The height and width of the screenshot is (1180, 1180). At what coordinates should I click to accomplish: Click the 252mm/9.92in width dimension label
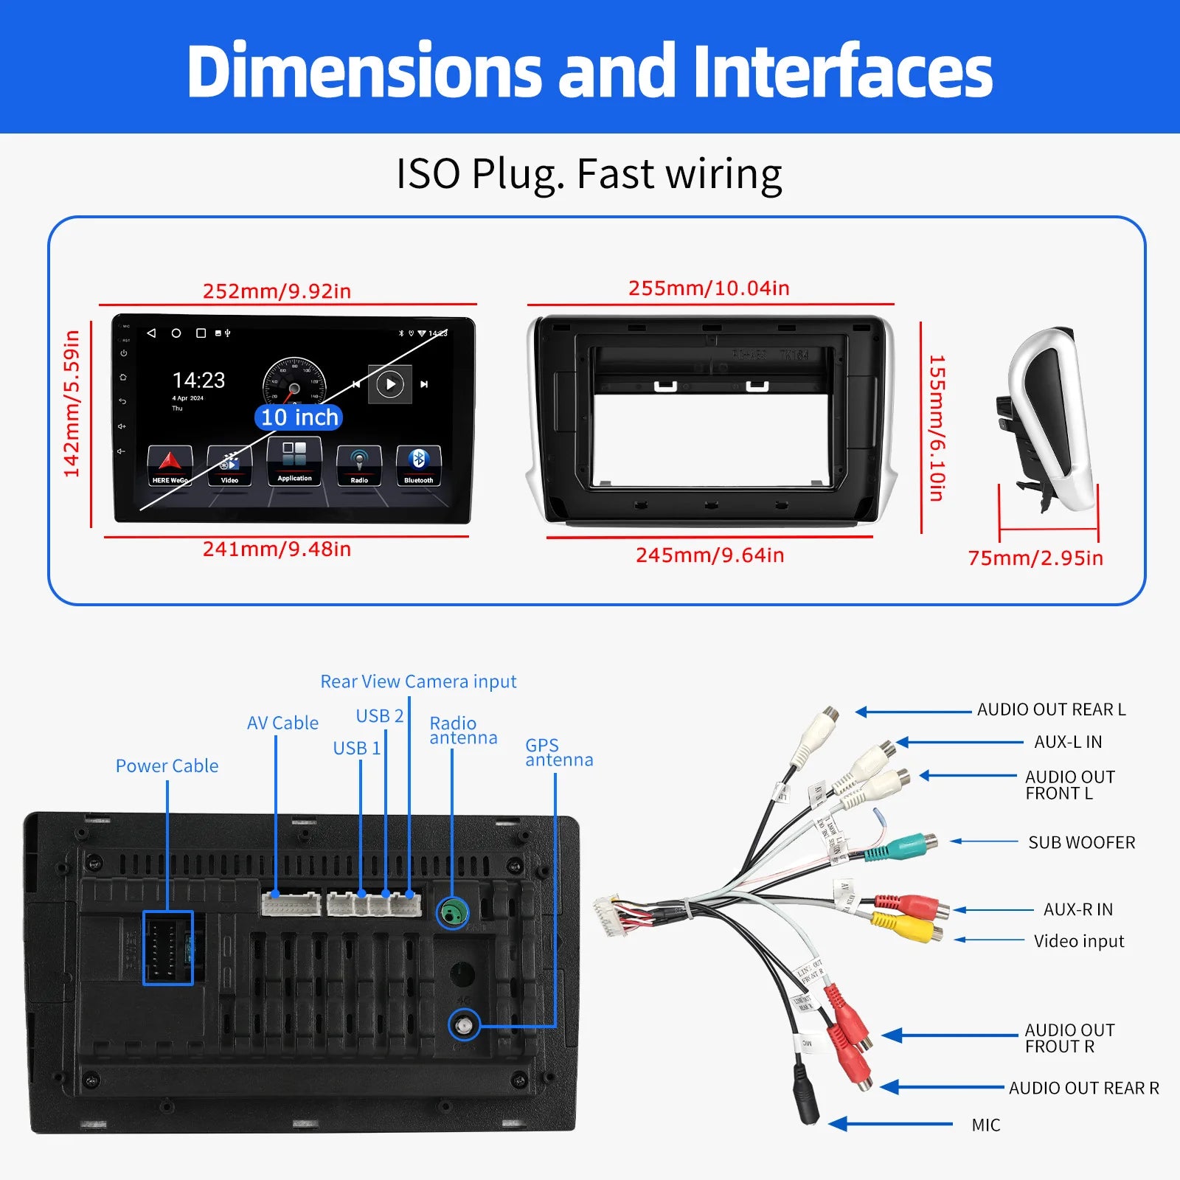[x=277, y=291]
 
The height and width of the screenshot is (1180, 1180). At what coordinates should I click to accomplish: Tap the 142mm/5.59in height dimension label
[x=72, y=403]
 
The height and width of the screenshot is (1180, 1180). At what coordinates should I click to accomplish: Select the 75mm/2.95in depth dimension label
[x=1035, y=558]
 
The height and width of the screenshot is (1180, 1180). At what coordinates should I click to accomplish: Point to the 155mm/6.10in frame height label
[x=937, y=428]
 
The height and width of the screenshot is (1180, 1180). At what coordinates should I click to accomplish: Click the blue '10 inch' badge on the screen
[x=299, y=417]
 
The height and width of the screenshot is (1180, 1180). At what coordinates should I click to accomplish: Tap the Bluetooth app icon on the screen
[x=418, y=465]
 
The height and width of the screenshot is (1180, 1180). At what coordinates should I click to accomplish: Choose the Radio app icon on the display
[x=359, y=465]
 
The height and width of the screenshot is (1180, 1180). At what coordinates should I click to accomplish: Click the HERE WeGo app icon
[x=170, y=465]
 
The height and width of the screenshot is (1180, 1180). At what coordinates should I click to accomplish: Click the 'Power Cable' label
[x=167, y=766]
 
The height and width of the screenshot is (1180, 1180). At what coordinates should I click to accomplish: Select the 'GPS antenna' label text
[x=558, y=752]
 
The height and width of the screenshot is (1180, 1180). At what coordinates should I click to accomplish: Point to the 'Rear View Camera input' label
[x=418, y=681]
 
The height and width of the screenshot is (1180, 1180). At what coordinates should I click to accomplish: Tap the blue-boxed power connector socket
[x=168, y=948]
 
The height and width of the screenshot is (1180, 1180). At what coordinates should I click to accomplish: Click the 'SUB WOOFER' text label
[x=1081, y=842]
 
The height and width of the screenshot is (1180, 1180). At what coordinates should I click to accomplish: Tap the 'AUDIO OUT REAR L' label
[x=1051, y=709]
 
